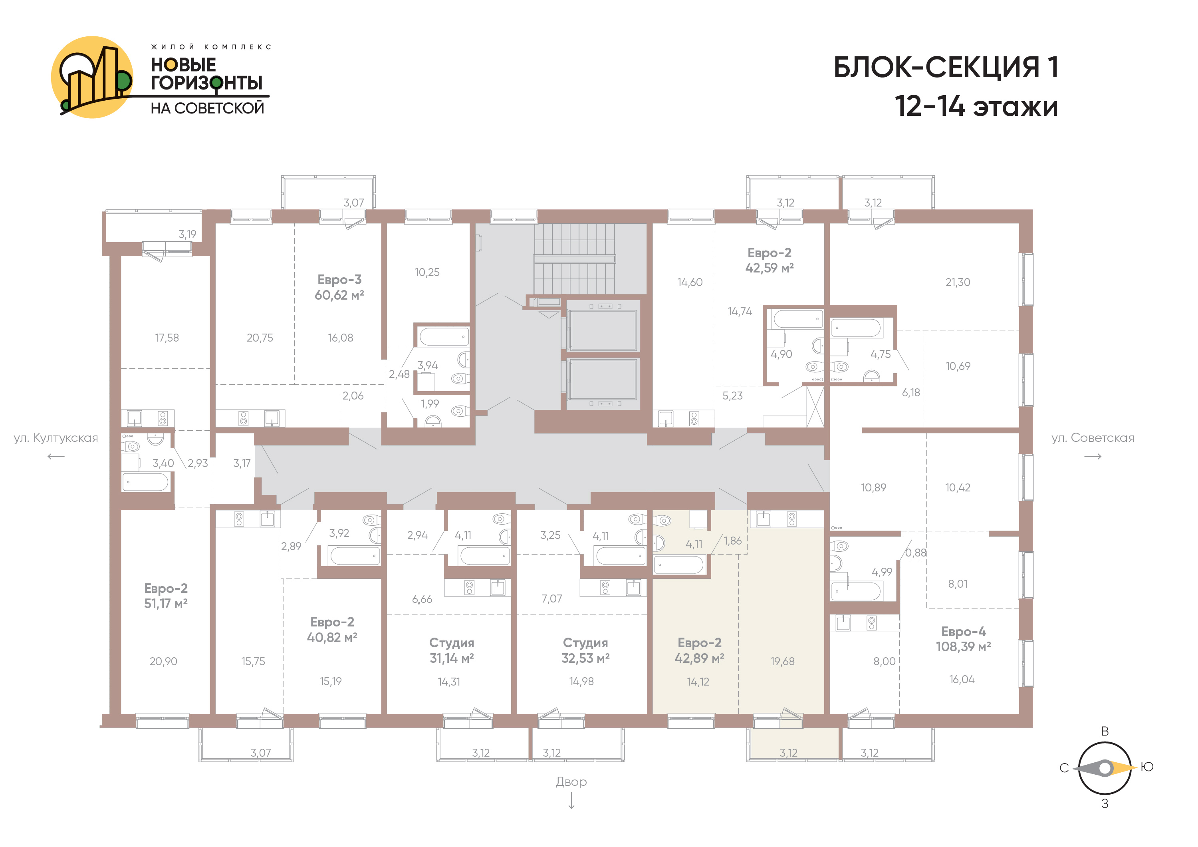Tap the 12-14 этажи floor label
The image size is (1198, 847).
click(x=976, y=106)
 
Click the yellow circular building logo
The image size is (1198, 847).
click(x=92, y=77)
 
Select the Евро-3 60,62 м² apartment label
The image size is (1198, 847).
click(x=339, y=287)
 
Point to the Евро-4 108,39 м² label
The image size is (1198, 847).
click(x=963, y=639)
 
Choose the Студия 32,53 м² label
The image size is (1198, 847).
click(x=585, y=650)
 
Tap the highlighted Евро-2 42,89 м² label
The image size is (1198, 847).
click(x=699, y=650)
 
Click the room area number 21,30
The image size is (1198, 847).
click(x=958, y=282)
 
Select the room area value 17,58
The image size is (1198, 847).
click(x=167, y=338)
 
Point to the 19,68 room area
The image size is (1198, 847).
click(x=783, y=661)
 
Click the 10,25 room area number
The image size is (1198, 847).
click(x=427, y=272)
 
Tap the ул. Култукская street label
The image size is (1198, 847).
click(x=56, y=438)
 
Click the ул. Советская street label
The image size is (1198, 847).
click(x=1093, y=438)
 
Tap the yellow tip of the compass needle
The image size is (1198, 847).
click(x=1132, y=767)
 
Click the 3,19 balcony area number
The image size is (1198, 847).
click(x=187, y=234)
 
